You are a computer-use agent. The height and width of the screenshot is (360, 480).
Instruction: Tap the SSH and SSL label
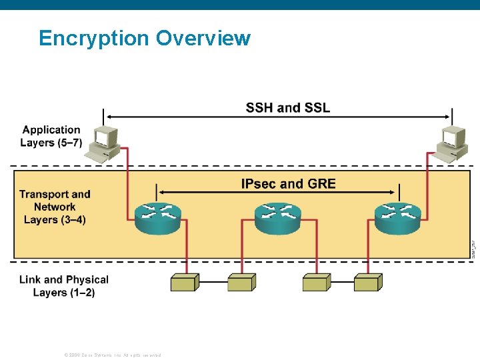287,108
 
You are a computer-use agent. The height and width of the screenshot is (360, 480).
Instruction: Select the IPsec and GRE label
288,184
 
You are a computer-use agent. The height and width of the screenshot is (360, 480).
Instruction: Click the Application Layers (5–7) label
51,136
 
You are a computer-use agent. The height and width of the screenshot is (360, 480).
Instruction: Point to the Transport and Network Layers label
55,207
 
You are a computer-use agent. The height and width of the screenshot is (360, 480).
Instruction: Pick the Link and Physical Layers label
63,286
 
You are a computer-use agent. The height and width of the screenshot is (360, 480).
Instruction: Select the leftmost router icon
158,217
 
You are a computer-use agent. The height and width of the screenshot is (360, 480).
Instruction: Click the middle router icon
278,217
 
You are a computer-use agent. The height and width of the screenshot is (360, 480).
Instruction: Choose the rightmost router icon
397,217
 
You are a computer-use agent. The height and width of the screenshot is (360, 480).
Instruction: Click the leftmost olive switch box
185,282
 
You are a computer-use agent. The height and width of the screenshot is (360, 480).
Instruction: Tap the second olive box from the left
241,282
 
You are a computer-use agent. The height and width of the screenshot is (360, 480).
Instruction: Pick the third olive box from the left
316,282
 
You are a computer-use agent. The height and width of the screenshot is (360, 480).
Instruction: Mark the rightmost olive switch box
367,282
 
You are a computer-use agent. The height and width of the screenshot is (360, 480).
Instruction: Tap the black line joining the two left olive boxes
213,282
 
